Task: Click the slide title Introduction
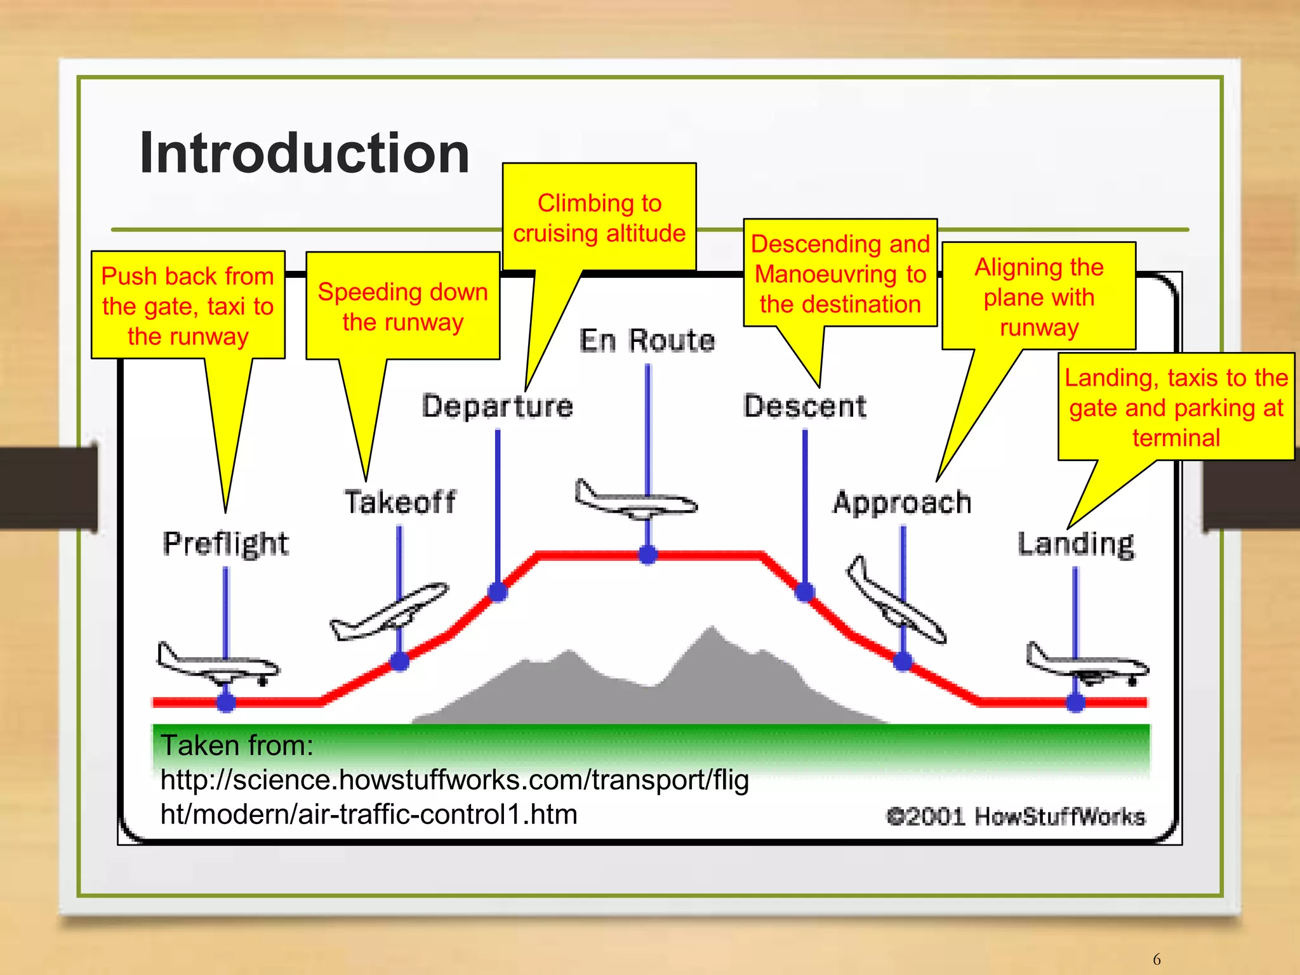point(304,154)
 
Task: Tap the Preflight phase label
point(225,544)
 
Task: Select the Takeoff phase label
point(400,502)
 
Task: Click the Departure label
point(498,407)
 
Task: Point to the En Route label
point(647,341)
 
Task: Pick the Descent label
point(805,407)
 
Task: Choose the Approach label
point(902,502)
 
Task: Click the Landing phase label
point(1076,544)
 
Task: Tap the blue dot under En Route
point(647,554)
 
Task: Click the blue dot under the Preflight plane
point(226,702)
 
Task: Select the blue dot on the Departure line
point(498,592)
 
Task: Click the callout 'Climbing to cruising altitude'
point(599,218)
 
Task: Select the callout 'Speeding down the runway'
point(402,306)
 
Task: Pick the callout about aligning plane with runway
point(1038,296)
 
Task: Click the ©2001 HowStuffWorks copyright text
point(1016,816)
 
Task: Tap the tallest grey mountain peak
point(711,631)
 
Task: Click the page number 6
point(1157,959)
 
